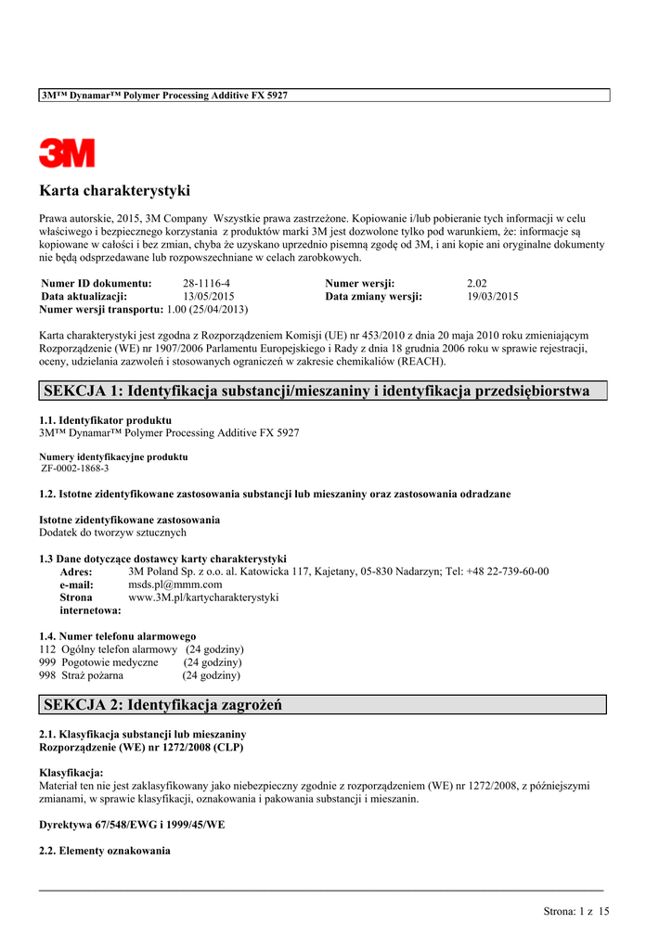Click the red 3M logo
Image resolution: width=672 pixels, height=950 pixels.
tap(67, 152)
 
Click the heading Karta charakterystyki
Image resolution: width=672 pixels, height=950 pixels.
tap(114, 191)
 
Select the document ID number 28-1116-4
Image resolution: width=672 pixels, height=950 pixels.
tap(206, 283)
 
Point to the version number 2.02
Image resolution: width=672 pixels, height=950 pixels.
tap(477, 283)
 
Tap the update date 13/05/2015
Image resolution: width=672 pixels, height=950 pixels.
tap(209, 296)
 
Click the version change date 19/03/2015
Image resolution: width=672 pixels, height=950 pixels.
tap(493, 296)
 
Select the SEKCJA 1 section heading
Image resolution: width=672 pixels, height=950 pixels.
tap(317, 391)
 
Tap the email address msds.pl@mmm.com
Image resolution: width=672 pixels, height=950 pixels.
tap(174, 584)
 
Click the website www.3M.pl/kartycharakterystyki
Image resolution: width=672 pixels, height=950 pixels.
tap(203, 597)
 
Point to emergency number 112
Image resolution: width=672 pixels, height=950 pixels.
tap(47, 649)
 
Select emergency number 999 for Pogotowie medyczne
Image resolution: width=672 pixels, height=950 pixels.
tap(47, 662)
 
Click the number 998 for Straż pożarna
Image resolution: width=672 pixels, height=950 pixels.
tap(47, 675)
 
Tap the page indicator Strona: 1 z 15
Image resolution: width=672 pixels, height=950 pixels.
tap(576, 911)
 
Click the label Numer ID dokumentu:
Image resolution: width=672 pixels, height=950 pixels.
tap(97, 283)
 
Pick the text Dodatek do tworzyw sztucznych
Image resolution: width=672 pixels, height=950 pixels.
tap(112, 533)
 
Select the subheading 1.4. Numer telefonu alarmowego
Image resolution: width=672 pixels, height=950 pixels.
tap(117, 636)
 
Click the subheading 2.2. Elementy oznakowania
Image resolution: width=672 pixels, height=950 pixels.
tap(105, 850)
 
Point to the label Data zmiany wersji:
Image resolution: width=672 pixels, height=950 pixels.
tap(373, 296)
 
